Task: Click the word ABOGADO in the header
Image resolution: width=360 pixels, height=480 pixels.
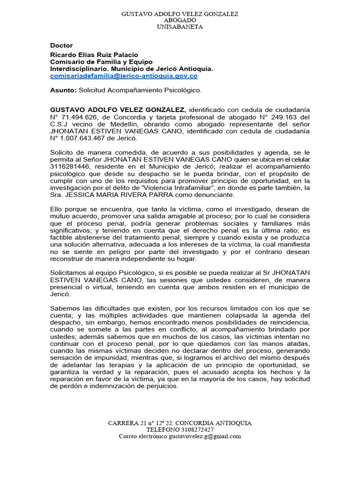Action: pyautogui.click(x=180, y=21)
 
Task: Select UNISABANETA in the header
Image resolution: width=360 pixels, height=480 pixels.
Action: pyautogui.click(x=180, y=27)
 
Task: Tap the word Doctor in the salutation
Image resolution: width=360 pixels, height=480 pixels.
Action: pyautogui.click(x=61, y=45)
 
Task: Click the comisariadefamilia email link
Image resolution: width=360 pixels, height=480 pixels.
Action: pyautogui.click(x=124, y=75)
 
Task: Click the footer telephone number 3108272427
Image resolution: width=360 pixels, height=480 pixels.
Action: pyautogui.click(x=197, y=429)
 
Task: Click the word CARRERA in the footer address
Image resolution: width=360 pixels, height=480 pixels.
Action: pyautogui.click(x=123, y=423)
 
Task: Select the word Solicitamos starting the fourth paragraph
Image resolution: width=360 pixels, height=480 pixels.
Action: pyautogui.click(x=69, y=273)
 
